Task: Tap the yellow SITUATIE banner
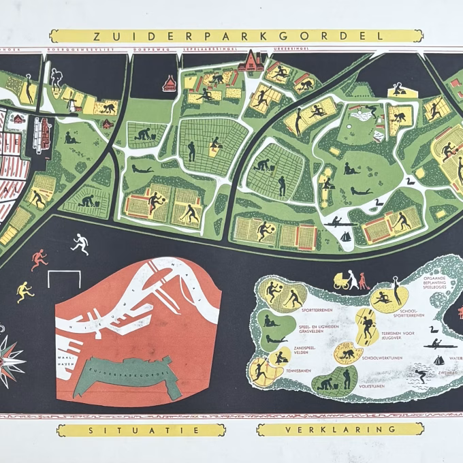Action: click(x=141, y=430)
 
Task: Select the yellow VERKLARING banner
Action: click(x=340, y=430)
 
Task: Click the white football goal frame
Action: click(x=65, y=278)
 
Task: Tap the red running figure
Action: click(x=39, y=259)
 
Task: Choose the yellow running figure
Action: click(x=25, y=291)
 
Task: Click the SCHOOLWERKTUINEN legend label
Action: click(x=382, y=357)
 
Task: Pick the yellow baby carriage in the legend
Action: click(x=340, y=280)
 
